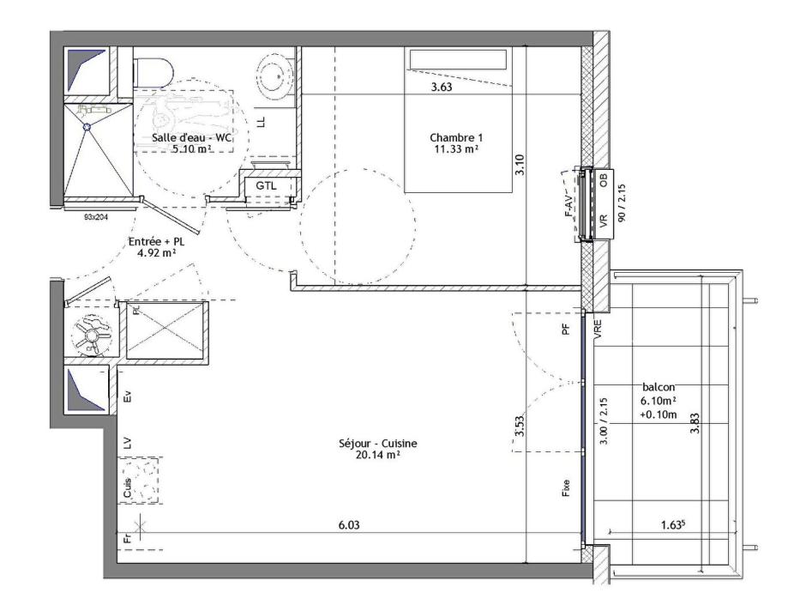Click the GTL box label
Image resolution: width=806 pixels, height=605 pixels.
265,185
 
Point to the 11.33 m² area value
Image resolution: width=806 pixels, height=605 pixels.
455,149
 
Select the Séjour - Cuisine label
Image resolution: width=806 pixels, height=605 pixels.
377,444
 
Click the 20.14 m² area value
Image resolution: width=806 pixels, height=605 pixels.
377,456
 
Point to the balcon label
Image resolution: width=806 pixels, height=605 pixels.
657,387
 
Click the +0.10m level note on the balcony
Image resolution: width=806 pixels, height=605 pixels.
657,413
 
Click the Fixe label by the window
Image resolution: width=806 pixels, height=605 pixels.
566,491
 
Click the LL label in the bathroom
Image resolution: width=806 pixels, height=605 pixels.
262,122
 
